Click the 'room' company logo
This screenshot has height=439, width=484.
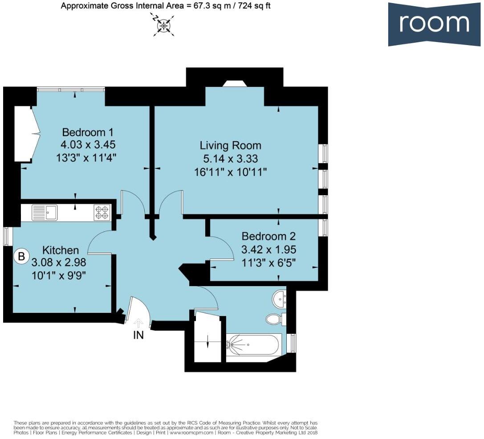click(434, 24)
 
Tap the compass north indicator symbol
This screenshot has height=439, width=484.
click(163, 25)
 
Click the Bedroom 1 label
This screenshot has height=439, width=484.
click(88, 132)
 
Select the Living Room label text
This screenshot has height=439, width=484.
click(230, 145)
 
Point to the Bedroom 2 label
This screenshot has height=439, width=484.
click(268, 236)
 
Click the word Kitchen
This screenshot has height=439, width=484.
click(61, 250)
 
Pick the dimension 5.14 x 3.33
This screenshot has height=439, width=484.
click(230, 159)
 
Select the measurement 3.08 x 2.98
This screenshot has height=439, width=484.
click(59, 263)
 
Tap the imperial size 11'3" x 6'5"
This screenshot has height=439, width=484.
click(268, 263)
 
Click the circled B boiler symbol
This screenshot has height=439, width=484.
click(21, 256)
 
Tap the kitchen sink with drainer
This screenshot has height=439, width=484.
click(45, 213)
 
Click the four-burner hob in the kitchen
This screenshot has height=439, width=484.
click(102, 213)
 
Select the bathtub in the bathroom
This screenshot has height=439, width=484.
click(253, 345)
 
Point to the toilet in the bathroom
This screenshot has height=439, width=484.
click(276, 319)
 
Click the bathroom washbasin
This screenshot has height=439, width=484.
click(279, 299)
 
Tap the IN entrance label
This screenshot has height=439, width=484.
click(138, 335)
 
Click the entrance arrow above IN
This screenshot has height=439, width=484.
click(138, 323)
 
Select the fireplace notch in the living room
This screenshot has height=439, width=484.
click(235, 84)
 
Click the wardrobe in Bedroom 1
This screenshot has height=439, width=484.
click(27, 133)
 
